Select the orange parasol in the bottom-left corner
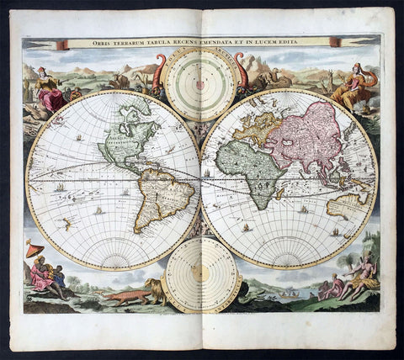(x=35, y=249)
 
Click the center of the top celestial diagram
(x=201, y=82)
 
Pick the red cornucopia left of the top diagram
(x=158, y=71)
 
